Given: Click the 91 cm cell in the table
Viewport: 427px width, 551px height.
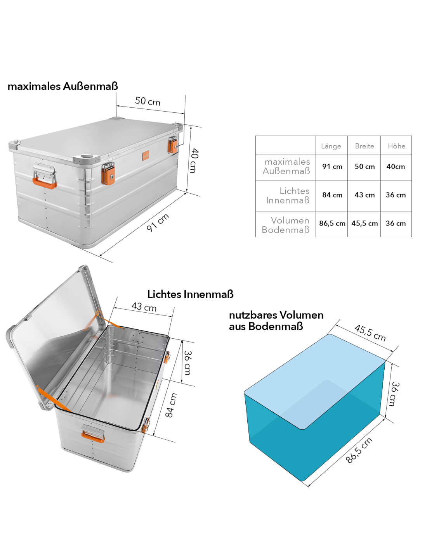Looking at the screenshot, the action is tap(332, 167).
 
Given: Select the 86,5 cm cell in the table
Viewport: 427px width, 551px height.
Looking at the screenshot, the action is tap(332, 224).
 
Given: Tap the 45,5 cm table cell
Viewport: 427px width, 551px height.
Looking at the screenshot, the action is tap(364, 224).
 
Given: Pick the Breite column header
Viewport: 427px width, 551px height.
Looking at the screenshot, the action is tap(364, 146).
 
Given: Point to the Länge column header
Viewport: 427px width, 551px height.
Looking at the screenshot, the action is tap(331, 146).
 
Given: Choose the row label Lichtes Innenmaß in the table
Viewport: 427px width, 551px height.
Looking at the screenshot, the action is tap(288, 196).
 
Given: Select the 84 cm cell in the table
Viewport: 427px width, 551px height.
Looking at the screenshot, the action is tap(332, 195).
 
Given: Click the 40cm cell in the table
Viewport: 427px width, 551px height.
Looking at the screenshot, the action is tap(396, 167).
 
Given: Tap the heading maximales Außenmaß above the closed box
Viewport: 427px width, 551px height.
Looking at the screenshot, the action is tap(63, 86).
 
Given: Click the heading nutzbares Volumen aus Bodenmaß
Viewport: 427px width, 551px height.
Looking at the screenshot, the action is tap(276, 320).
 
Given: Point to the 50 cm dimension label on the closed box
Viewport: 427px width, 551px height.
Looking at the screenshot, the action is tap(148, 101).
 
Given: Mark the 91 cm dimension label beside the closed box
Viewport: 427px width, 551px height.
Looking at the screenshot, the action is tap(158, 223).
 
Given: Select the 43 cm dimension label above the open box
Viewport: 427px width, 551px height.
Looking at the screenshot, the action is tap(144, 307).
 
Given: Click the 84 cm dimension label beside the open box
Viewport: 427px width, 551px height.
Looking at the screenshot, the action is tap(171, 405).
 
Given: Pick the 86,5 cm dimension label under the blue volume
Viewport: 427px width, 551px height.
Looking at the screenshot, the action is tap(358, 450).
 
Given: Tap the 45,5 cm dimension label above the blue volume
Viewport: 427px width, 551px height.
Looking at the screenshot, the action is tap(370, 333).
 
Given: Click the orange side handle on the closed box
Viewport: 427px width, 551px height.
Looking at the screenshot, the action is tap(45, 183).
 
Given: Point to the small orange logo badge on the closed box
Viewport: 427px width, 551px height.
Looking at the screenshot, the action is tap(146, 156).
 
